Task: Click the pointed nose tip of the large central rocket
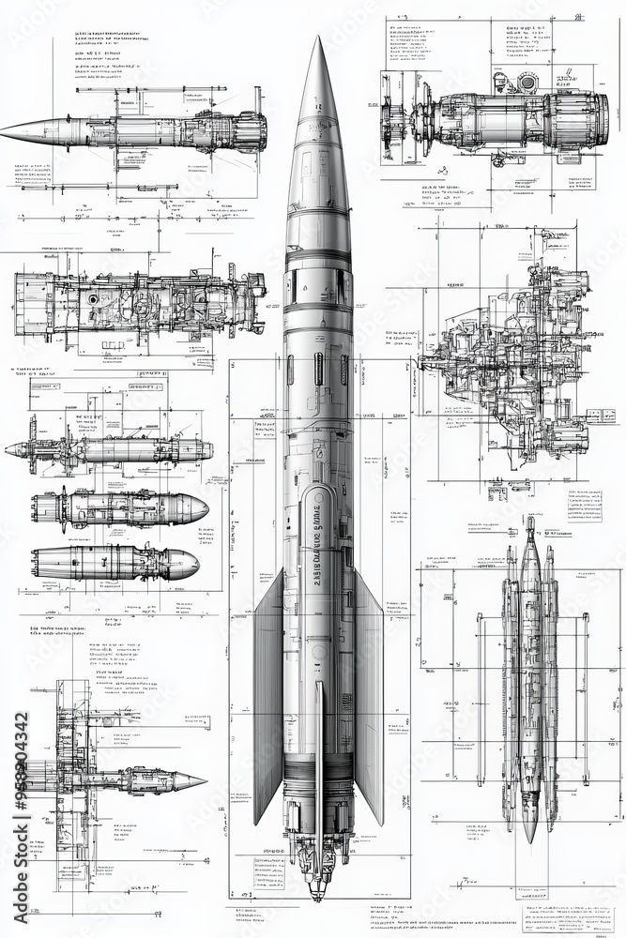click(x=318, y=40)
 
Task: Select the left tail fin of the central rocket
click(x=269, y=703)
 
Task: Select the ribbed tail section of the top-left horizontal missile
click(x=246, y=131)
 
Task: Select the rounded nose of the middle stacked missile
click(x=197, y=508)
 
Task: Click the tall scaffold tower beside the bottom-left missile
click(x=73, y=779)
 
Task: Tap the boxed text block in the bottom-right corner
click(x=567, y=919)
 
